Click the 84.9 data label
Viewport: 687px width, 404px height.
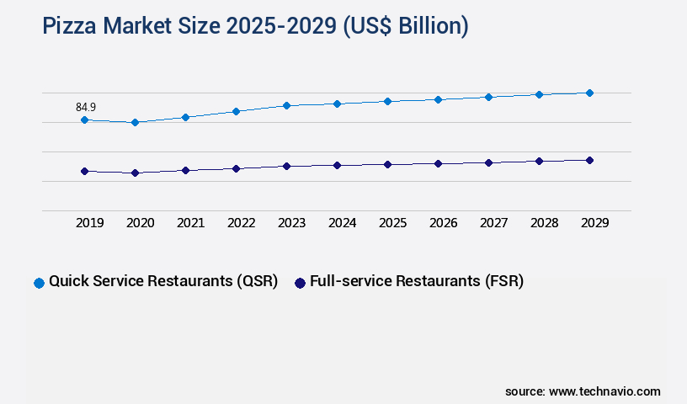coord(85,107)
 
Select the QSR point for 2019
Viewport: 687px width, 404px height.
coord(84,120)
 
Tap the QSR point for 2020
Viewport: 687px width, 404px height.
coord(135,123)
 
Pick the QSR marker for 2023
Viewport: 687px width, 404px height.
coord(286,106)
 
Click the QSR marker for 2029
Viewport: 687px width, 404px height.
coord(589,93)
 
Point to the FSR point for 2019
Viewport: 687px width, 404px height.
coord(84,171)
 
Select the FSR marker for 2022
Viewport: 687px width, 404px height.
coord(236,168)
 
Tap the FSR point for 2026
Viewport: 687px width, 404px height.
coord(438,163)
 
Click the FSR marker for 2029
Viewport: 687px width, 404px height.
coord(589,160)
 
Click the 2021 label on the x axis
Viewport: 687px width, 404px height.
coord(190,223)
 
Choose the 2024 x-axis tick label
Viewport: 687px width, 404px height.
coord(342,223)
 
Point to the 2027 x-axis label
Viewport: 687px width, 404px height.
coord(493,223)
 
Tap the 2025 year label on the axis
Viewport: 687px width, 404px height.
coord(392,223)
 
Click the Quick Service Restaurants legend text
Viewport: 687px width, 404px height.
coord(163,282)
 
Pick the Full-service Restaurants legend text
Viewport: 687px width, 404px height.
coord(417,282)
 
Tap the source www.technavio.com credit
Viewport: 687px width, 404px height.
coord(583,391)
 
